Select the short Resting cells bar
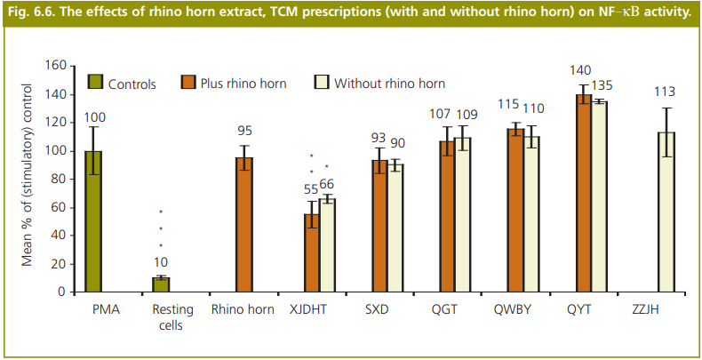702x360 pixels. [160, 284]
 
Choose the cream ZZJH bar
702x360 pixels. [666, 212]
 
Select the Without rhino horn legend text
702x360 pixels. [389, 84]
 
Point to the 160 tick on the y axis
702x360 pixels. [56, 67]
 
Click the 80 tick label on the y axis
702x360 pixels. [60, 180]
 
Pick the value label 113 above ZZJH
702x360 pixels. [665, 92]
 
